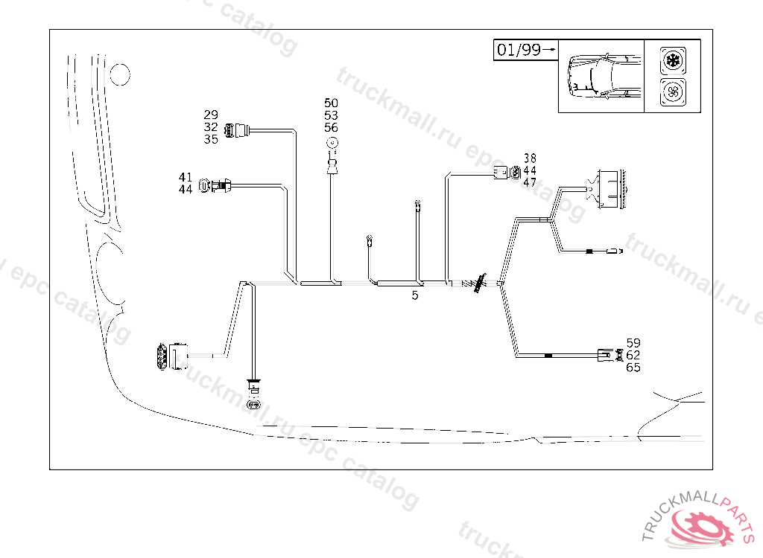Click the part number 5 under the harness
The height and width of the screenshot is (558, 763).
[415, 295]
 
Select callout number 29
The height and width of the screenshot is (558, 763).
[211, 115]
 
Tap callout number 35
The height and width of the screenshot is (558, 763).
[211, 139]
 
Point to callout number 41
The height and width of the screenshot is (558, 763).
[186, 177]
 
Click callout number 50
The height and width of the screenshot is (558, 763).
[331, 103]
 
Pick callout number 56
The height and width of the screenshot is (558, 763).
[331, 127]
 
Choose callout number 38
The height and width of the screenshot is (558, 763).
[530, 158]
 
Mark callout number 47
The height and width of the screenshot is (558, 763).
[530, 182]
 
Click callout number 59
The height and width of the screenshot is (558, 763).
[633, 343]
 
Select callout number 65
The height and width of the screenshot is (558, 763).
[633, 368]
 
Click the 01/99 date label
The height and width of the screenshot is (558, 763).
[519, 50]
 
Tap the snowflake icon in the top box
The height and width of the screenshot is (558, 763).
[672, 59]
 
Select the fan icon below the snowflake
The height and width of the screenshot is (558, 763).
[672, 93]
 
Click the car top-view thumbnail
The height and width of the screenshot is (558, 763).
[601, 76]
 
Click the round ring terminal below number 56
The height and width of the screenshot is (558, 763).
[332, 144]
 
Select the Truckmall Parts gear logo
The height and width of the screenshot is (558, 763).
[701, 525]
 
